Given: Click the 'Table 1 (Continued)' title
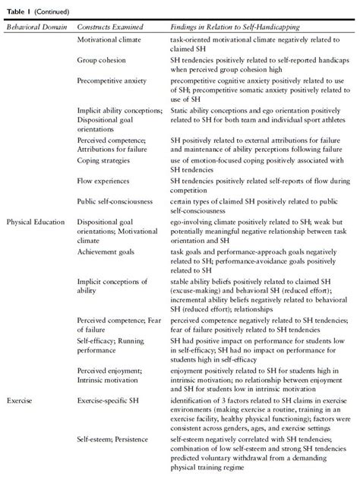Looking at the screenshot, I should (x=36, y=10).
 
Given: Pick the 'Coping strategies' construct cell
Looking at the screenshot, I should (x=108, y=160).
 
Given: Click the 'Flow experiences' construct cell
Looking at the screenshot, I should (x=107, y=181).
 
